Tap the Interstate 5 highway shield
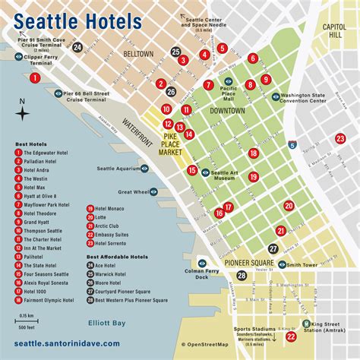(292, 144)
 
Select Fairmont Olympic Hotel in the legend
(51, 300)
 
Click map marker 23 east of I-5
(339, 137)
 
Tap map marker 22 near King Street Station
(290, 336)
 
